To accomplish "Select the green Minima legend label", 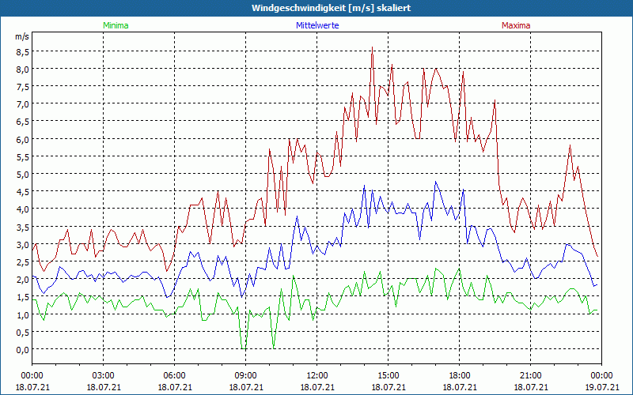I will tap(116, 25).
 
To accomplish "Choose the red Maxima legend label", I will tap(516, 25).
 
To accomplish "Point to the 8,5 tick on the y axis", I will tap(22, 52).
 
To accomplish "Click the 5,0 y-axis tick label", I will tap(22, 175).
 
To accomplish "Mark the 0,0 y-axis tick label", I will tap(22, 350).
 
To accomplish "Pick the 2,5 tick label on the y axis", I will tap(22, 262).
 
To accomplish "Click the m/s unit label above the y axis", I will tap(21, 37).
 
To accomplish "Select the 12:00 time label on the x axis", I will tap(317, 375).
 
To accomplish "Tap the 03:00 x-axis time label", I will tap(104, 375).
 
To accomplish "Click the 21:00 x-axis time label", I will tap(531, 375).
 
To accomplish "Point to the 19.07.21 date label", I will tap(602, 387).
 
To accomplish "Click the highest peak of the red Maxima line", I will tap(372, 47).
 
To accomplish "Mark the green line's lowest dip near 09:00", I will tap(244, 348).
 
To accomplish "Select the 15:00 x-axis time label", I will tap(389, 375).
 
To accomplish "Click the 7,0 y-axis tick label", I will tap(22, 104).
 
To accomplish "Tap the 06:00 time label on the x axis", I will tap(175, 375).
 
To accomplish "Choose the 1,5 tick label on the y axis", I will tap(22, 297).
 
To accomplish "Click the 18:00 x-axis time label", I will tap(460, 375).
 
